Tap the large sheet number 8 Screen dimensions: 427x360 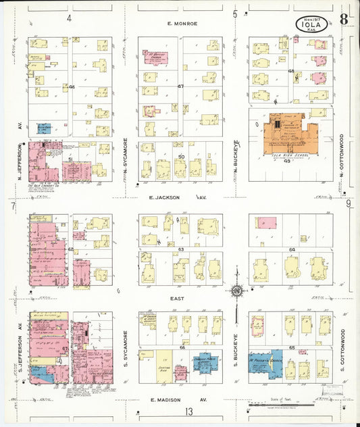(344, 19)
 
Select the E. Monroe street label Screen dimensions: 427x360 (182, 24)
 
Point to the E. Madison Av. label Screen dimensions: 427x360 (177, 399)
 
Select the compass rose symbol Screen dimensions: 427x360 (237, 291)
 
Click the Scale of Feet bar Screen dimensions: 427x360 (280, 405)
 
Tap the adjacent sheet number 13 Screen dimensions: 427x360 (190, 411)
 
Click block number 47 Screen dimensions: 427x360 (180, 87)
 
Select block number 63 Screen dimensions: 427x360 (180, 249)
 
